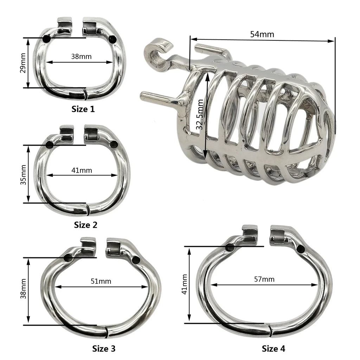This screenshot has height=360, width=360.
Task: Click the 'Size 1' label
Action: pos(83,109)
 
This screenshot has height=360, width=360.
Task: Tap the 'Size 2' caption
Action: pos(85,225)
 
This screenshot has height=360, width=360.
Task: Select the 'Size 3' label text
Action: pos(104,349)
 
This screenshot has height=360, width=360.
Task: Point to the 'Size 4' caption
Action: pos(274,349)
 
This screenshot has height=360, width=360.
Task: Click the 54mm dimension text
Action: pos(262,34)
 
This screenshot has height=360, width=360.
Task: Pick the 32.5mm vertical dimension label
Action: pos(200,115)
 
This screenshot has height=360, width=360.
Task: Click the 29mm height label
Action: pos(23,63)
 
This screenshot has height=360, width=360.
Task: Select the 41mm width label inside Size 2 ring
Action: pos(82,170)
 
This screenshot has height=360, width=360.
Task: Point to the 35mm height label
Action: pos(23,174)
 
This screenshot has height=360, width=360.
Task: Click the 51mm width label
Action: pos(101,281)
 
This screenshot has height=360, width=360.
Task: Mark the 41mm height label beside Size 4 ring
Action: pos(185,284)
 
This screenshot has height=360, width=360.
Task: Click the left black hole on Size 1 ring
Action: pos(46,39)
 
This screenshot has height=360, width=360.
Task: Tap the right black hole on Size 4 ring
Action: pos(301,249)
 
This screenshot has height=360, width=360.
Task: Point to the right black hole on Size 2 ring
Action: pos(114,144)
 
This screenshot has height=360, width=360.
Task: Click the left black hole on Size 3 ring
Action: pos(68,258)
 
